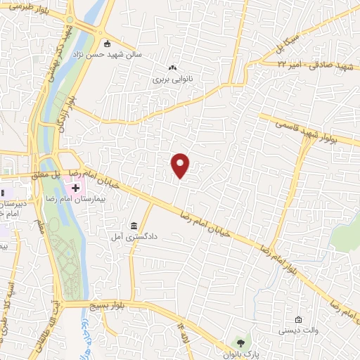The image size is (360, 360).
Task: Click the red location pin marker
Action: click(181, 166)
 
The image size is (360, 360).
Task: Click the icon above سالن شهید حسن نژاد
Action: click(107, 44)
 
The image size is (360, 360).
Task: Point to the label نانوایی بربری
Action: click(172, 79)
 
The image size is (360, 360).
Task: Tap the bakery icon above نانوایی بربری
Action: click(172, 68)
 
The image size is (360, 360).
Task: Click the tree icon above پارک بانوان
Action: click(241, 343)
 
